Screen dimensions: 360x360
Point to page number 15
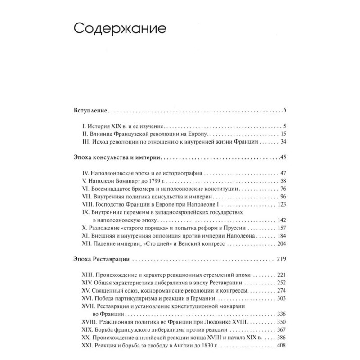283,134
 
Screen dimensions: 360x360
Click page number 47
283,172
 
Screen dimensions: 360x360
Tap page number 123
282,203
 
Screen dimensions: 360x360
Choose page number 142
282,220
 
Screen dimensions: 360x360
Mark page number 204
282,243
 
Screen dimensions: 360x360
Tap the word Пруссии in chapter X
234,228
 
